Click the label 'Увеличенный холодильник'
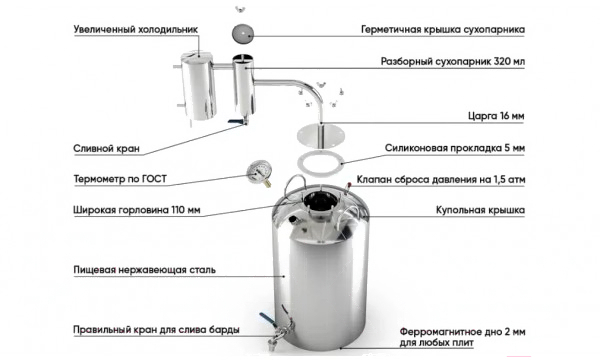[x=135, y=29]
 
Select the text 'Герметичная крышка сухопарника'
[x=443, y=29]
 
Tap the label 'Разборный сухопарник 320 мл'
[x=453, y=61]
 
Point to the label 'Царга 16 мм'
[x=496, y=116]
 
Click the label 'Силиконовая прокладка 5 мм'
[x=455, y=148]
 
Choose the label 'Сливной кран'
[x=106, y=148]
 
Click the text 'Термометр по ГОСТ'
[x=120, y=179]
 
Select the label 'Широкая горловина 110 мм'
[x=137, y=210]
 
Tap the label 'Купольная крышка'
[x=480, y=210]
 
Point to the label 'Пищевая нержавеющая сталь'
[x=145, y=270]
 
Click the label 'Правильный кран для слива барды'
[x=156, y=330]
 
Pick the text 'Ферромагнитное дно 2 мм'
[x=462, y=331]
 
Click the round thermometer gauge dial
[x=259, y=172]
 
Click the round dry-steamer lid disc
[x=243, y=33]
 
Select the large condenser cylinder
[x=199, y=86]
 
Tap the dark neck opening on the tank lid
[x=321, y=202]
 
